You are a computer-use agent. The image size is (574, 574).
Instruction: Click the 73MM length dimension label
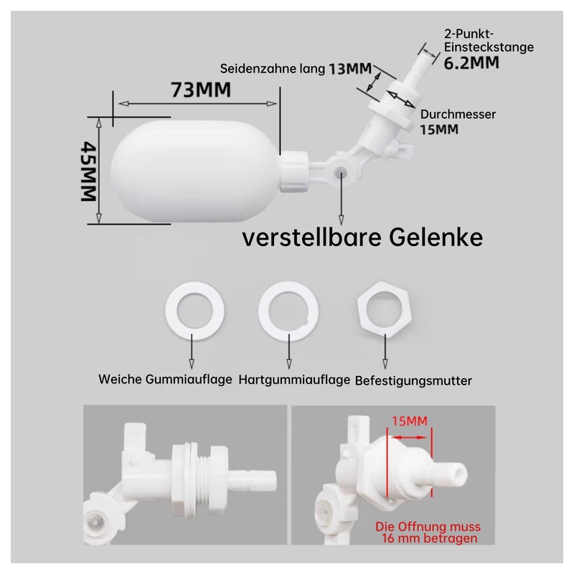tap(200, 90)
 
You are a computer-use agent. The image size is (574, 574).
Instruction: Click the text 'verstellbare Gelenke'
tap(362, 237)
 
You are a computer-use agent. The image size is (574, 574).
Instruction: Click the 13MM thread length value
tap(351, 69)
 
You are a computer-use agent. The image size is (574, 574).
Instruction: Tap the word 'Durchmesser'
tap(458, 114)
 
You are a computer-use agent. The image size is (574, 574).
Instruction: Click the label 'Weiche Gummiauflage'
tap(166, 378)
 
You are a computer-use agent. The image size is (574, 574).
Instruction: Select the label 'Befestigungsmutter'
tap(413, 380)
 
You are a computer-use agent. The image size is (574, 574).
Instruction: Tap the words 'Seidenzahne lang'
tap(272, 68)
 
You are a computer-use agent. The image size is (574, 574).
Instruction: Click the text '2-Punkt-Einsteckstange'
tap(488, 42)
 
